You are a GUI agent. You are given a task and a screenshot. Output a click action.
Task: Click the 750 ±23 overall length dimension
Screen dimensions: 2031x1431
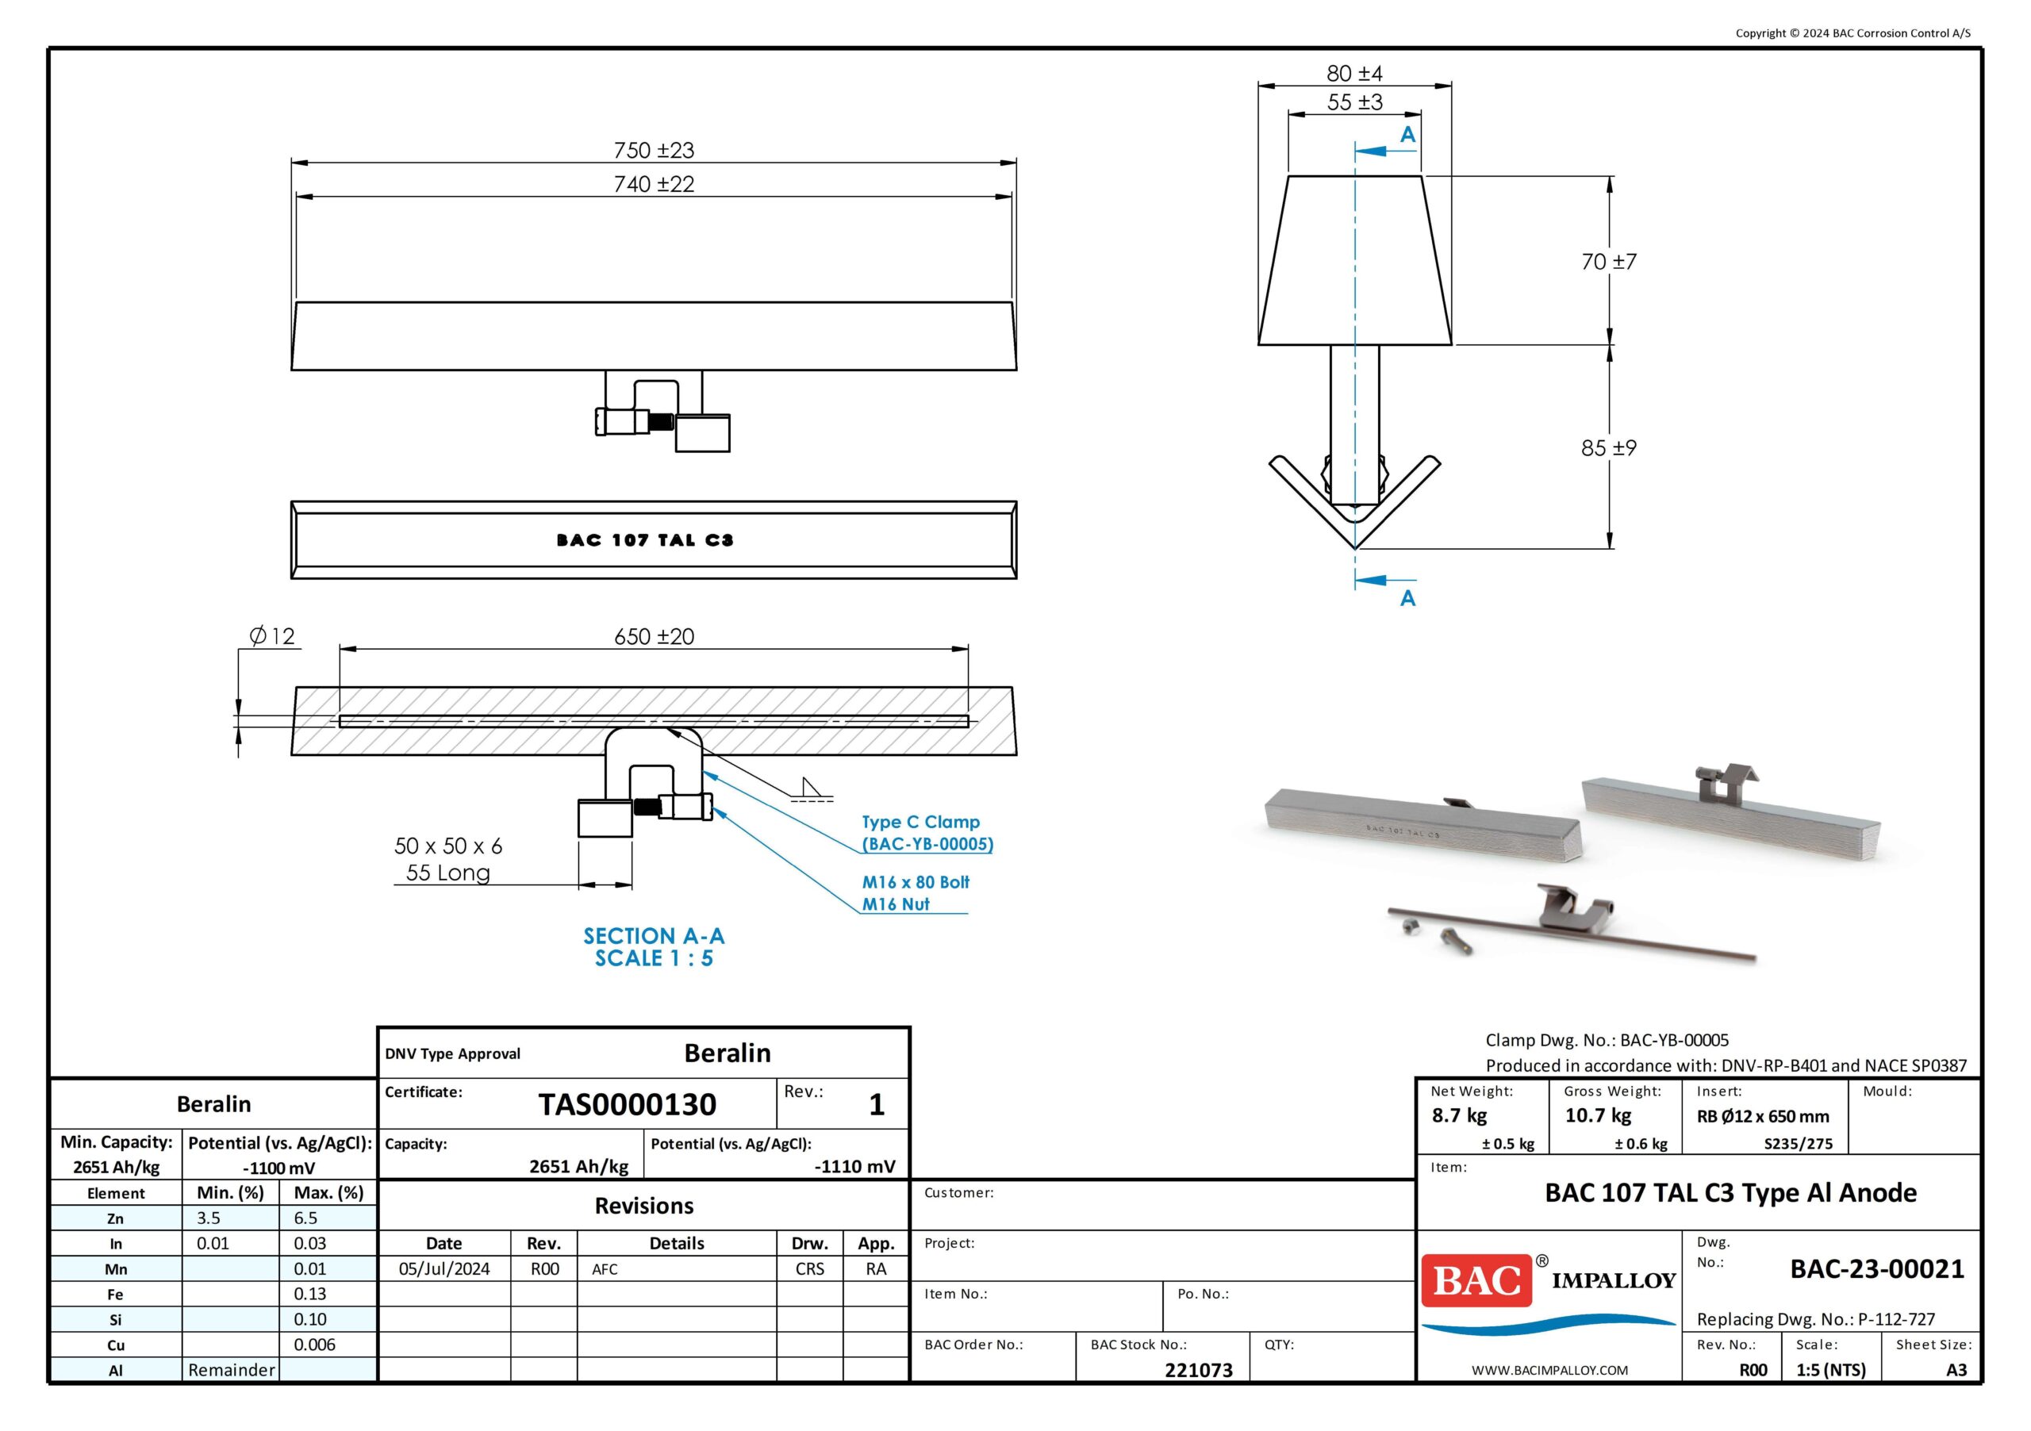coord(654,151)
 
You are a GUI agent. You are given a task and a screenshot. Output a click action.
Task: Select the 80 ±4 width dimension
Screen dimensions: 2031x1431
coord(1354,74)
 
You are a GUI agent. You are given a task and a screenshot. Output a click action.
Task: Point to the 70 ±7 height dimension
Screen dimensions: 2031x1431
coord(1609,262)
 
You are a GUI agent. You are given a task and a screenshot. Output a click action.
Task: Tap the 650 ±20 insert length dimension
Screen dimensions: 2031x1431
coord(654,637)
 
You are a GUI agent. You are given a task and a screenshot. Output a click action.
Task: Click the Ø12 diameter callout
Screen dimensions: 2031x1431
coord(271,636)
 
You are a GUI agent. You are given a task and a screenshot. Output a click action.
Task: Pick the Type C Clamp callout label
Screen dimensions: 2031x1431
coord(921,822)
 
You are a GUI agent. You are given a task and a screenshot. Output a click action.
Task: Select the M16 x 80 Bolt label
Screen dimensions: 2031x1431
coord(916,882)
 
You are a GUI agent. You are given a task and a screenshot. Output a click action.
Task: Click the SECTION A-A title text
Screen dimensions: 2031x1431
coord(654,936)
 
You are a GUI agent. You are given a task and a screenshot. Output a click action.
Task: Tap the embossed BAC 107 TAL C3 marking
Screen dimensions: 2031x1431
coord(645,539)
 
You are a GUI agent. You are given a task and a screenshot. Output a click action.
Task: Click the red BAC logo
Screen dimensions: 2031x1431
coord(1476,1279)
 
